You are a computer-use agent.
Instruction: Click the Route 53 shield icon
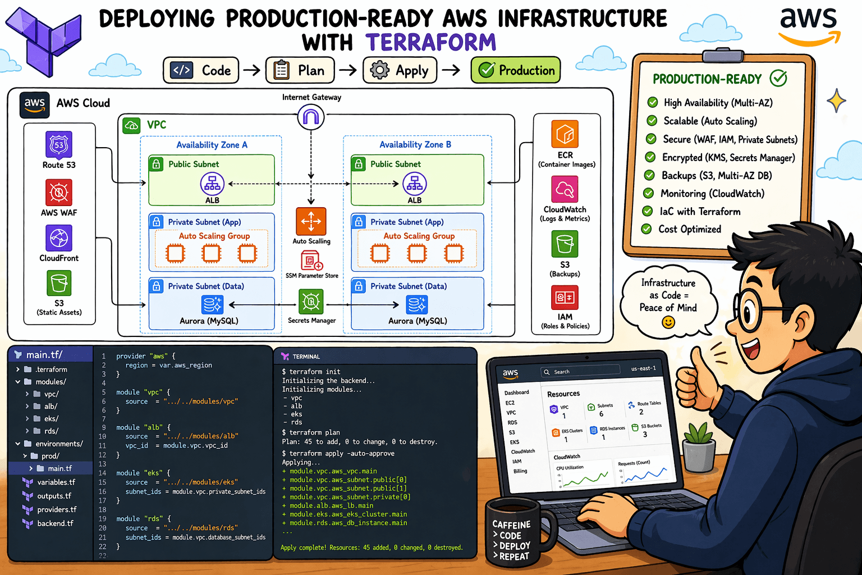tap(59, 145)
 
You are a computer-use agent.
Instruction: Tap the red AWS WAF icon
tap(59, 193)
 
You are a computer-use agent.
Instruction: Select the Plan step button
tap(300, 71)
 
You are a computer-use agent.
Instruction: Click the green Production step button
tap(515, 71)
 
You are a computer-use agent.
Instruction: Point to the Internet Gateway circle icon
tap(311, 117)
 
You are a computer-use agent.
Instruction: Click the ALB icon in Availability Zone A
tap(212, 184)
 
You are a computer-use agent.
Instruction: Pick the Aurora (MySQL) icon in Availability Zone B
tap(417, 305)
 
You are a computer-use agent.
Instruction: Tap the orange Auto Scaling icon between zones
tap(311, 221)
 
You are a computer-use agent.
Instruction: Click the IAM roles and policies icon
tap(565, 298)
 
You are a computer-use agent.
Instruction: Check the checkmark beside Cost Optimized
tap(646, 229)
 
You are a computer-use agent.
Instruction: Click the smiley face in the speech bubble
tap(668, 322)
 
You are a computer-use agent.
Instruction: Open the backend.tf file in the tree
tap(55, 523)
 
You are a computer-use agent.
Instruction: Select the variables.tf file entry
tap(56, 482)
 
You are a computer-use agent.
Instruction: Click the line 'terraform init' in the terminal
tap(314, 372)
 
